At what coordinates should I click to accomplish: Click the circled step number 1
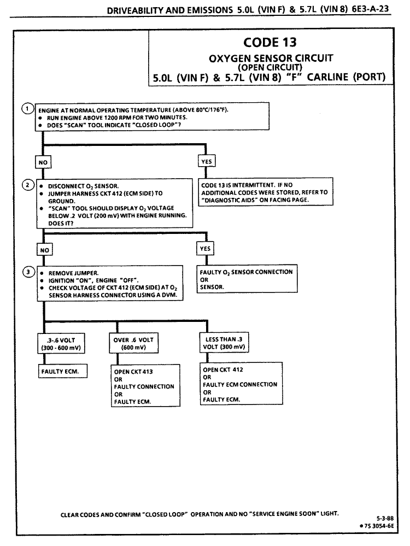26,107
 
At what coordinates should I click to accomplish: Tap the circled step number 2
26,184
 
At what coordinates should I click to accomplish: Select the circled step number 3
26,271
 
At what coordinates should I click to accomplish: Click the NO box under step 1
42,162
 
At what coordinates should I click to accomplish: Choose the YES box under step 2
205,249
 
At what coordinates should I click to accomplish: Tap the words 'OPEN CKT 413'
133,372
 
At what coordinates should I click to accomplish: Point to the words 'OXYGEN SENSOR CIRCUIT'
271,57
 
